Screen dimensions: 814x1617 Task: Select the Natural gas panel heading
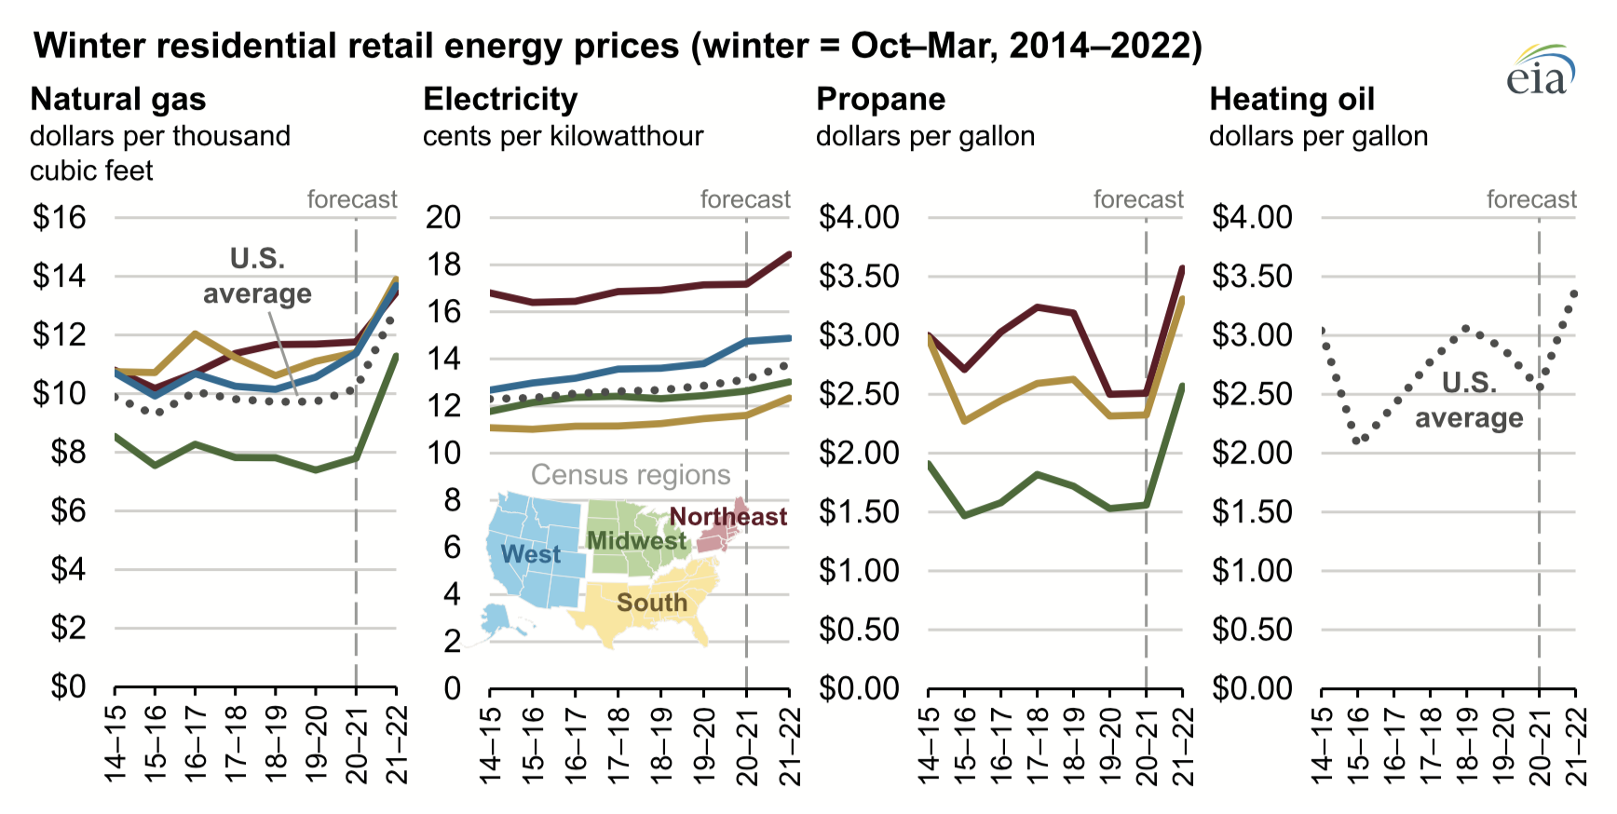tap(118, 99)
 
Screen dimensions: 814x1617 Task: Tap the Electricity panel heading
tap(500, 99)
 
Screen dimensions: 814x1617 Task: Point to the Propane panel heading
tap(880, 99)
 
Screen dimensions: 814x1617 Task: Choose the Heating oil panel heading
tap(1291, 99)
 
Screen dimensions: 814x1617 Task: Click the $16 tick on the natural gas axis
tap(59, 218)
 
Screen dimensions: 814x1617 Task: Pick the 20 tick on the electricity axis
tap(443, 218)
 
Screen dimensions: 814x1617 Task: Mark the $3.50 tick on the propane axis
tap(859, 277)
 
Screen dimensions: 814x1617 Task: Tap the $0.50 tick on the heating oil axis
tap(1252, 630)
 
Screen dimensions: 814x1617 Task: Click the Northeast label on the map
tap(727, 517)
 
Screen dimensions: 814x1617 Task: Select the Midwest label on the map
tap(636, 541)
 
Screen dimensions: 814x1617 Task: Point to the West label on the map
tap(530, 555)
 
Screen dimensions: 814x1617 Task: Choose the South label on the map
tap(652, 604)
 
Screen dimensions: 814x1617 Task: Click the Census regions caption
tap(631, 475)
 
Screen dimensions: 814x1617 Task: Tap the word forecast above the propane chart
tap(1138, 199)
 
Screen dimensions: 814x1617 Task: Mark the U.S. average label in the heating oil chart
tap(1469, 400)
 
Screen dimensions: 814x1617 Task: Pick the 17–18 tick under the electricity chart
tap(618, 745)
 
